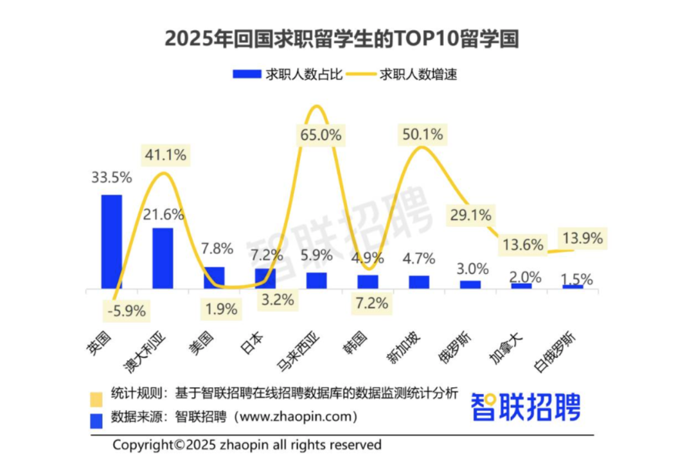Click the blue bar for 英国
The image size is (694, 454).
point(111,242)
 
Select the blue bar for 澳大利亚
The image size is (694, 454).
point(163,259)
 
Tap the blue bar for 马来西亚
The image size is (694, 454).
point(316,281)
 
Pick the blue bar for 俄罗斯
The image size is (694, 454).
point(470,285)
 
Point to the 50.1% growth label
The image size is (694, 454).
point(422,135)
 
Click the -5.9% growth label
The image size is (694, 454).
point(126,312)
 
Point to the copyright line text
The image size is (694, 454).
point(247,444)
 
